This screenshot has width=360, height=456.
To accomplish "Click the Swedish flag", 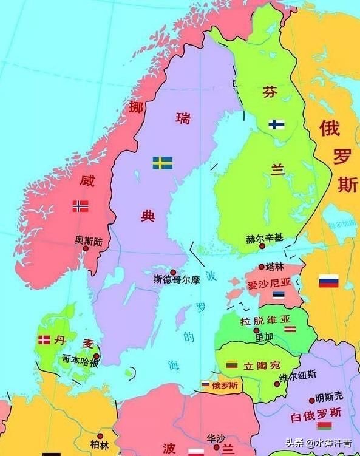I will pyautogui.click(x=162, y=163).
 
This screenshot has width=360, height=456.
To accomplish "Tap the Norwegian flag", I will pyautogui.click(x=80, y=206).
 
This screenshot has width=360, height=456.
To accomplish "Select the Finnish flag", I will pyautogui.click(x=277, y=124).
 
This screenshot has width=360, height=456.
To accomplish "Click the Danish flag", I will pyautogui.click(x=44, y=340).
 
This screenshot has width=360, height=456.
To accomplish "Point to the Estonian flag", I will pyautogui.click(x=278, y=296).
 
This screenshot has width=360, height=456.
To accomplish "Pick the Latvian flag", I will pyautogui.click(x=290, y=328).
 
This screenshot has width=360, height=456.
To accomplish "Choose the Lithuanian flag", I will pyautogui.click(x=231, y=364).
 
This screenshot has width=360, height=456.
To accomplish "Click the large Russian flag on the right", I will pyautogui.click(x=328, y=281).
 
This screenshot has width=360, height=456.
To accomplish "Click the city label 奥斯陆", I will pyautogui.click(x=89, y=241).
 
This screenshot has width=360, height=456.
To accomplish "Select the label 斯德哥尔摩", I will pyautogui.click(x=177, y=281).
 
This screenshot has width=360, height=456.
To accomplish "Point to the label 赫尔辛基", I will pyautogui.click(x=264, y=239).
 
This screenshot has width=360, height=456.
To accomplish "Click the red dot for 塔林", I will pyautogui.click(x=262, y=267).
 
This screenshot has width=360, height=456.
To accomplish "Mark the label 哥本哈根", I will pyautogui.click(x=80, y=359).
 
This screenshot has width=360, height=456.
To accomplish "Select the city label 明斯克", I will pyautogui.click(x=329, y=397).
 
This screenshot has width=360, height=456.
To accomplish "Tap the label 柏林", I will pyautogui.click(x=100, y=445).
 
